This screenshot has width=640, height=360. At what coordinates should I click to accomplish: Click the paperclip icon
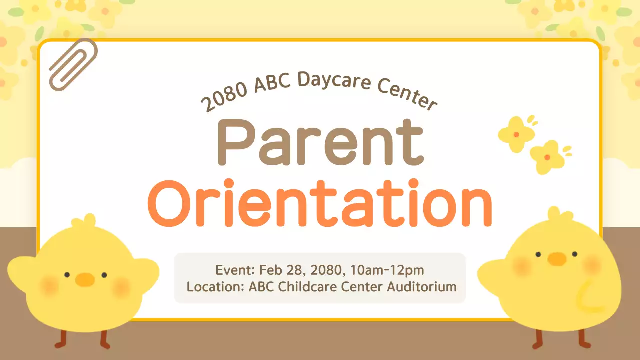tap(73, 64)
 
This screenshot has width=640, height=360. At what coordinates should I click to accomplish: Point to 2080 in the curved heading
tap(224, 97)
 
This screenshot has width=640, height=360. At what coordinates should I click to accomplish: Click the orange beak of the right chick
tap(556, 259)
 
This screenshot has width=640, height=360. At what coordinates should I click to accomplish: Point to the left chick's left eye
tap(66, 274)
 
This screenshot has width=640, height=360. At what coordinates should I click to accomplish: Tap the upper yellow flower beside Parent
tap(517, 133)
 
